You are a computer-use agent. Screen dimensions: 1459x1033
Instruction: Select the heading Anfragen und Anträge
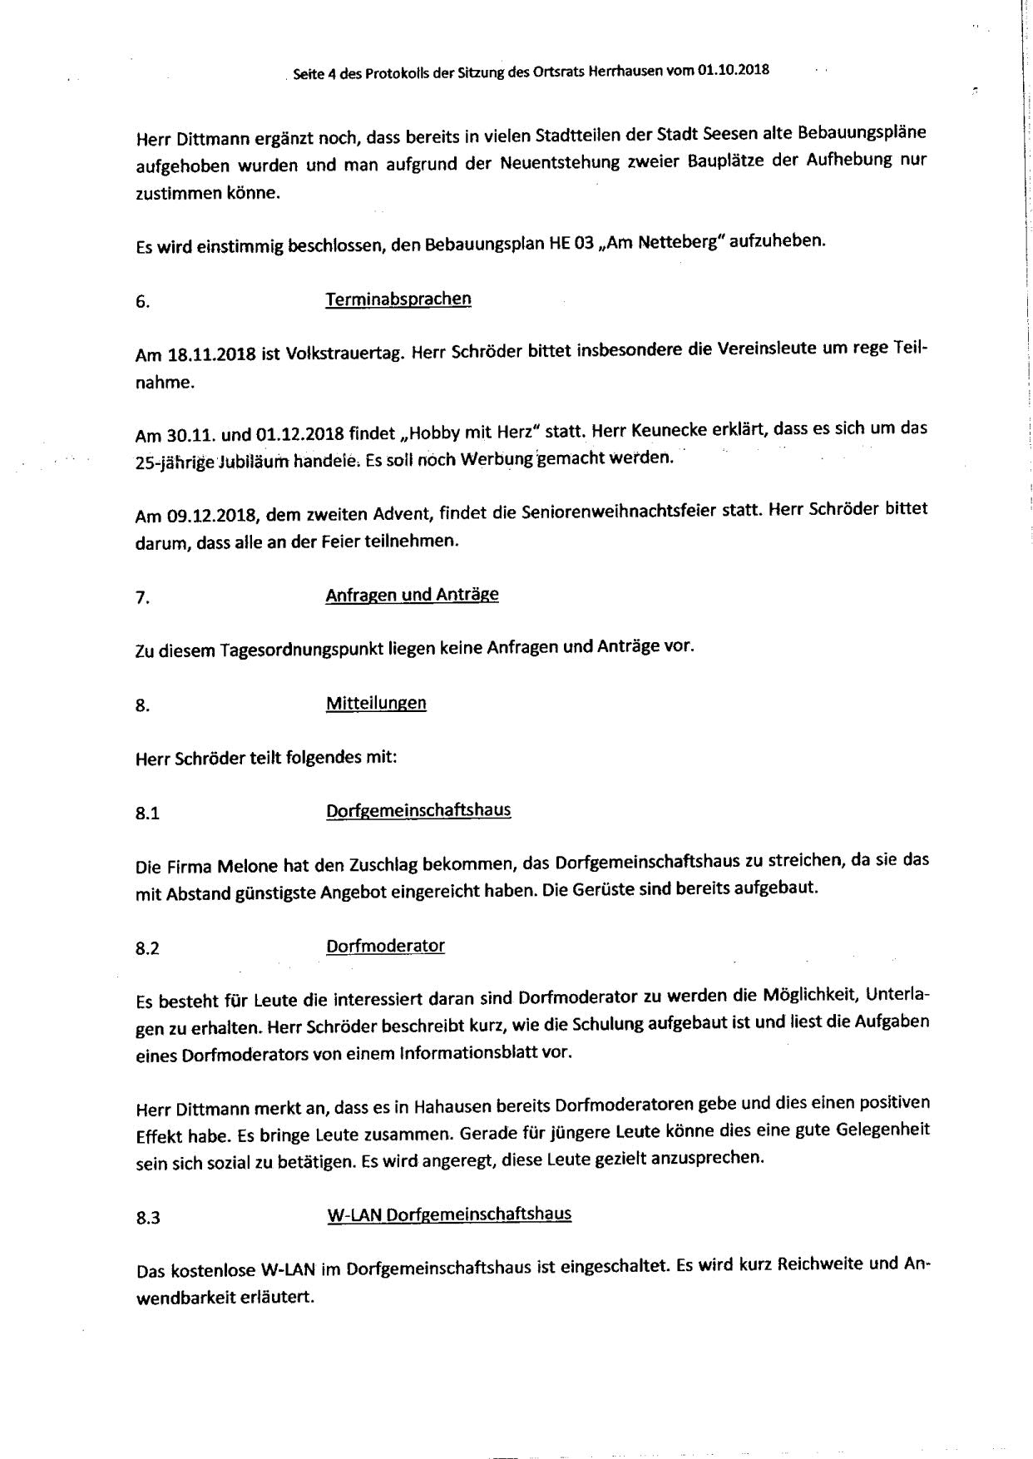(x=412, y=595)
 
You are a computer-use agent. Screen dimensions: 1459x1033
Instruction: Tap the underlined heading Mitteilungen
(x=376, y=703)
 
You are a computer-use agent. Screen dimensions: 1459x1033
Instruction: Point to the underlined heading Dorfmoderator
(x=385, y=946)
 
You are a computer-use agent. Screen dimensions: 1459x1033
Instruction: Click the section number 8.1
(x=147, y=814)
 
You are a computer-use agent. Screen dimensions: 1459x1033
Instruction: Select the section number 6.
(x=142, y=303)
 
